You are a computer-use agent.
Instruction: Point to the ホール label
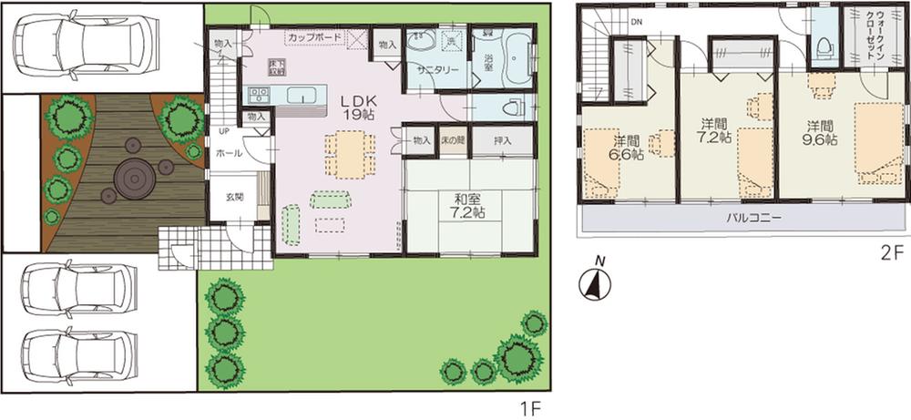[x=229, y=154]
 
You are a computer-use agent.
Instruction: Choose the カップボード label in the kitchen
[x=314, y=36]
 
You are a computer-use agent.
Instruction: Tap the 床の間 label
[x=453, y=140]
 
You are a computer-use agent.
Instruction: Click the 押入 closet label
[x=502, y=140]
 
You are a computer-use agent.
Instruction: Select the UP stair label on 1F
[x=223, y=131]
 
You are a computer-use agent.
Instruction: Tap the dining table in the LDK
[x=349, y=153]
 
